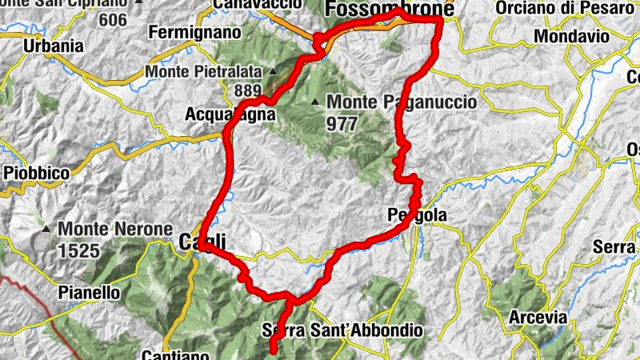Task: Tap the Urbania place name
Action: click(54, 46)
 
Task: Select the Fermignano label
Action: click(195, 34)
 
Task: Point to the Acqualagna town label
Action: click(230, 114)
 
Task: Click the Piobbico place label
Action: click(37, 171)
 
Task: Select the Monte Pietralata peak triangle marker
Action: click(272, 71)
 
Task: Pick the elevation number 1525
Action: click(78, 251)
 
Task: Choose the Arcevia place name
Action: click(538, 318)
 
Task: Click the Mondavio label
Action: click(571, 36)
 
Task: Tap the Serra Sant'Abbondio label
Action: click(342, 330)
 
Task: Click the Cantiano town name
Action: click(176, 354)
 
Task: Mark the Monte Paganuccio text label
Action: click(402, 102)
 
